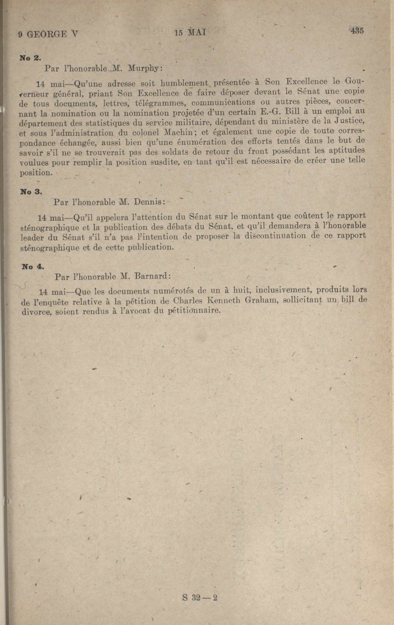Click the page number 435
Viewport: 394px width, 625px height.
pyautogui.click(x=356, y=30)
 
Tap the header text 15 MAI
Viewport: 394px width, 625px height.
pyautogui.click(x=191, y=33)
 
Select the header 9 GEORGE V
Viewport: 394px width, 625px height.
pyautogui.click(x=48, y=34)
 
